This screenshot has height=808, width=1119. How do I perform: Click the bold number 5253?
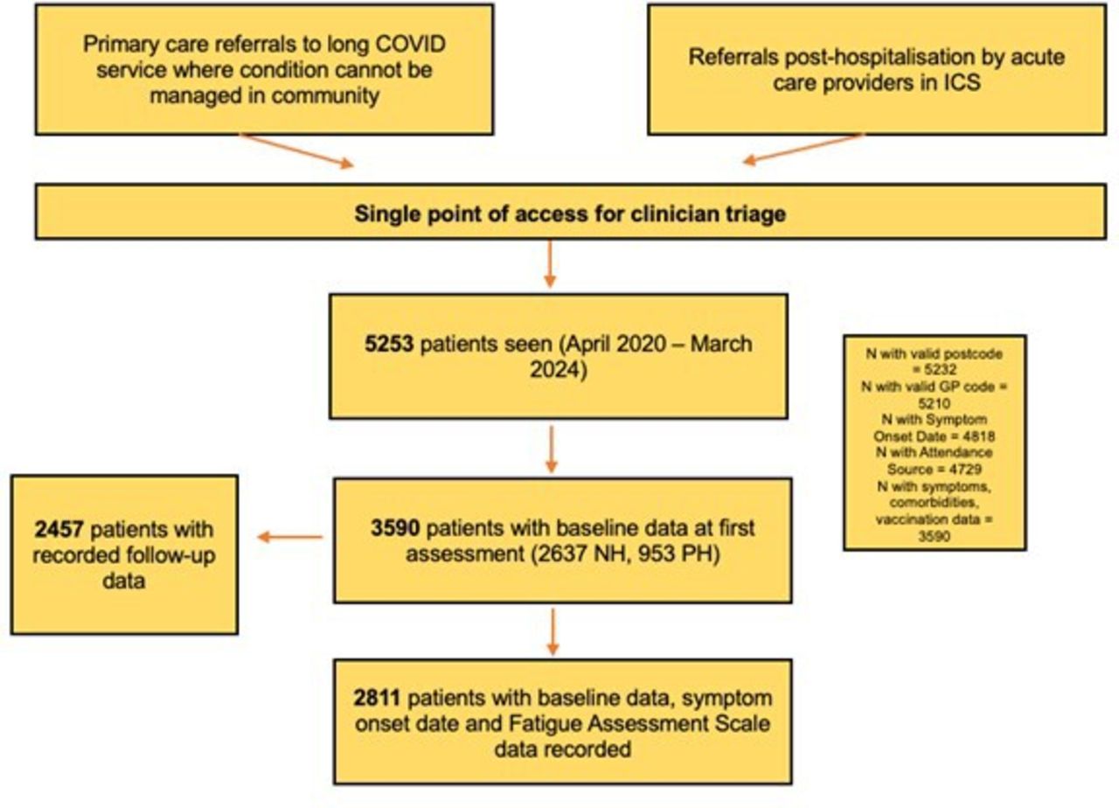(x=389, y=344)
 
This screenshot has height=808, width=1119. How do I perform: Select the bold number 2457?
(x=59, y=529)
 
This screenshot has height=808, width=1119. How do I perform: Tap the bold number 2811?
(x=377, y=698)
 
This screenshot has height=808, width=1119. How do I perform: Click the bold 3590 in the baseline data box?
(x=395, y=528)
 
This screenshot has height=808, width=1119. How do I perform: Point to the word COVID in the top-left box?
(x=410, y=44)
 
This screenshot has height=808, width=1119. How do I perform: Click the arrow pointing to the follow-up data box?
(x=290, y=537)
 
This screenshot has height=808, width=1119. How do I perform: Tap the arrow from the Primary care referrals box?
(x=297, y=150)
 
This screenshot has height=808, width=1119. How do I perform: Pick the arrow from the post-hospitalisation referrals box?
(x=803, y=149)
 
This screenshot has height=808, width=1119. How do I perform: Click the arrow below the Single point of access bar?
(x=550, y=264)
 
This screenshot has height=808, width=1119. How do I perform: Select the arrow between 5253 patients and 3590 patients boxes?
(x=552, y=449)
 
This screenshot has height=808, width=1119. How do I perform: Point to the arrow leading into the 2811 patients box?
(x=553, y=631)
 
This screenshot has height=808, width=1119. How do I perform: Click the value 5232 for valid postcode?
(x=940, y=370)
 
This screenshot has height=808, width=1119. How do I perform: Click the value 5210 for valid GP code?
(x=935, y=403)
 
